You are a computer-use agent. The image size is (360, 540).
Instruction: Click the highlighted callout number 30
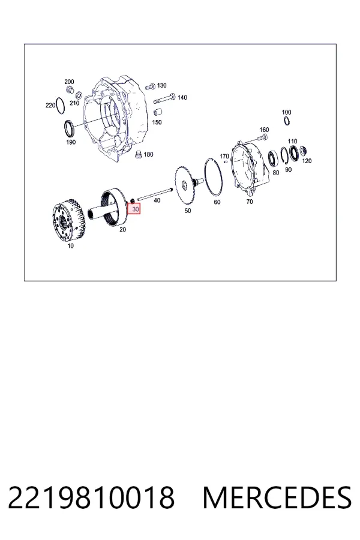click(136, 209)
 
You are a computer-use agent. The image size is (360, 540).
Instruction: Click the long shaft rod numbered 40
click(155, 194)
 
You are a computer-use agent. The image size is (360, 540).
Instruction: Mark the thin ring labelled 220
click(60, 106)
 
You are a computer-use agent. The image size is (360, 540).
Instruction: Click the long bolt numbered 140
click(164, 99)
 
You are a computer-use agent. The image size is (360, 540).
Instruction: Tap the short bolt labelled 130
click(151, 86)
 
